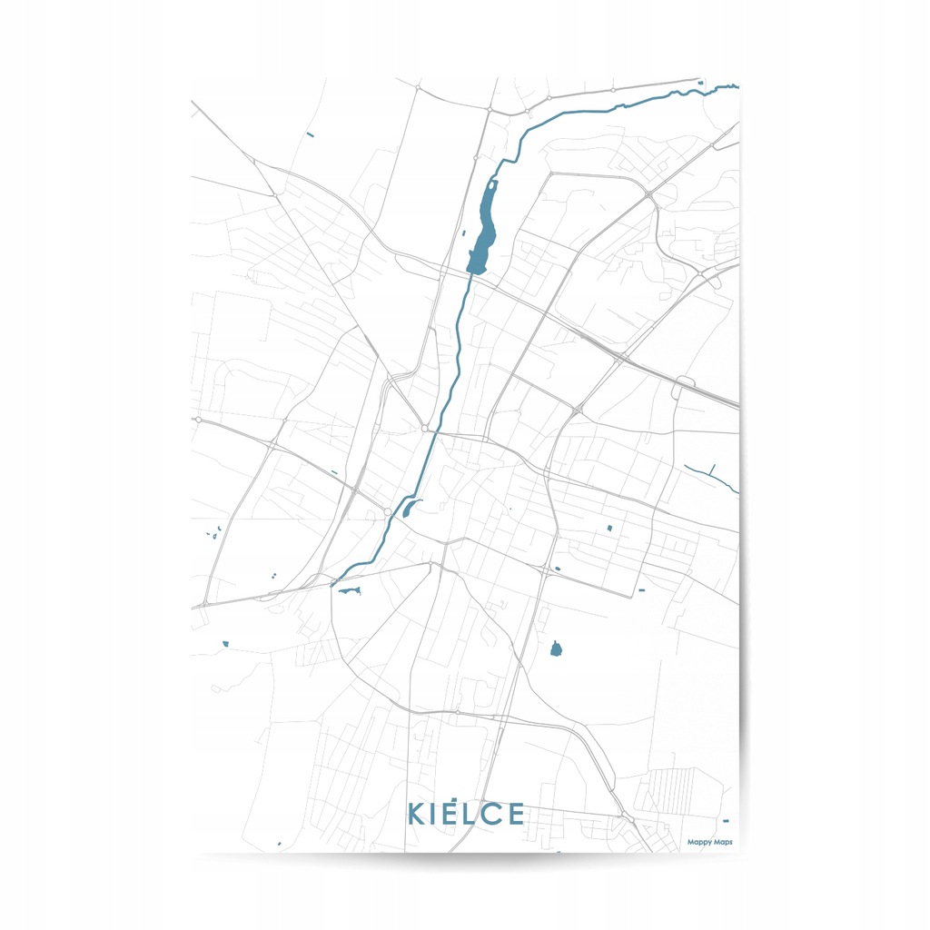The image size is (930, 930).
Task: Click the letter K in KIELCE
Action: pos(417,814)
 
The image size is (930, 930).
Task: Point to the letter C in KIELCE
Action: pos(491,814)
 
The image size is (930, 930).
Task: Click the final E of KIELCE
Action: pos(516,814)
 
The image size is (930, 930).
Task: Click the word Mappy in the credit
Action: pos(698,842)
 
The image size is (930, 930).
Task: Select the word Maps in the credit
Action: pos(723,842)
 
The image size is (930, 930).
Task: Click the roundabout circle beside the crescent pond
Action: pos(388,513)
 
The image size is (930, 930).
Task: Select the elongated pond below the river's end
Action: pos(349,591)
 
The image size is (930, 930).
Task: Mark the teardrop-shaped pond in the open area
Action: pos(556,648)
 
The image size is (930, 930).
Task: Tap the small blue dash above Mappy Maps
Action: pos(725,821)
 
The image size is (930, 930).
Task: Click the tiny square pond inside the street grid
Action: pos(609,528)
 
